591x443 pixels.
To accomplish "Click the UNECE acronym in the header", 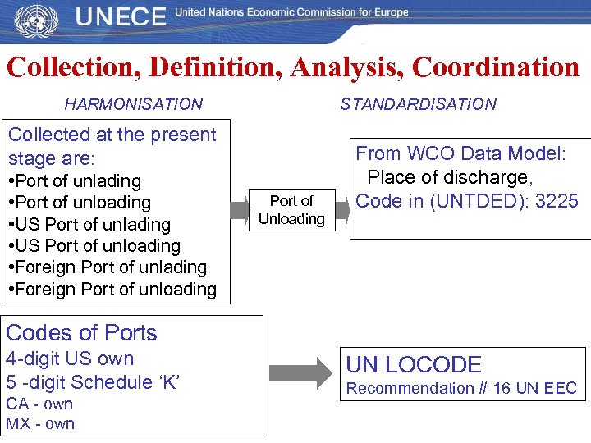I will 121,17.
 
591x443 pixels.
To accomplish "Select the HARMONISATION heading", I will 133,104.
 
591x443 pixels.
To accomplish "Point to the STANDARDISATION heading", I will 418,104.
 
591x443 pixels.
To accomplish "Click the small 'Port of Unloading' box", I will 291,210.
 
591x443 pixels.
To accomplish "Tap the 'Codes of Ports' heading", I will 81,332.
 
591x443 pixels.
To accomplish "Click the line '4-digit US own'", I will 70,359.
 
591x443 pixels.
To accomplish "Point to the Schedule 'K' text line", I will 93,382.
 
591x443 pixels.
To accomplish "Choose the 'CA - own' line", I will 39,404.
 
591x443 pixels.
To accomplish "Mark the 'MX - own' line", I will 40,423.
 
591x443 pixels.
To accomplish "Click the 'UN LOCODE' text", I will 414,365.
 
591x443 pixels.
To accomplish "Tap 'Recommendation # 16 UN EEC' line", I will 461,388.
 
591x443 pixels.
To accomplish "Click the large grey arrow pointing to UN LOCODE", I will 303,374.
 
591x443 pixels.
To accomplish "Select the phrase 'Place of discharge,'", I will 448,177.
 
